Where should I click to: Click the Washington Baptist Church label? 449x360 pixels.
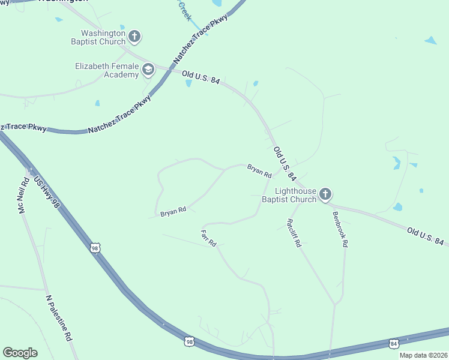point(104,37)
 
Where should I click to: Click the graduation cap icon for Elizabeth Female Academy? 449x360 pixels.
point(148,70)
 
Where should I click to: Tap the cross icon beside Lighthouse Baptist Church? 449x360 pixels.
point(325,194)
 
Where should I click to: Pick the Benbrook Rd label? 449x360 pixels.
point(340,228)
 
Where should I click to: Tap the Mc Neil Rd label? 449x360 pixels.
point(23,197)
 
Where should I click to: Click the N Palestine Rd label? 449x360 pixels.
point(59,318)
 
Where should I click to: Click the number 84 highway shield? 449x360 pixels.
point(393,343)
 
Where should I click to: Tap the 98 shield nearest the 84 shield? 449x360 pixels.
point(190,341)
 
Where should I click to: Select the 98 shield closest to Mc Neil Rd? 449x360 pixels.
point(95,247)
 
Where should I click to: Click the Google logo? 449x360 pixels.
point(20,353)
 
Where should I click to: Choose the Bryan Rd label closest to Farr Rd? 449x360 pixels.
point(173,211)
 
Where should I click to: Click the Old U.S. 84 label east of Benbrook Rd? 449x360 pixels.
point(425,236)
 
